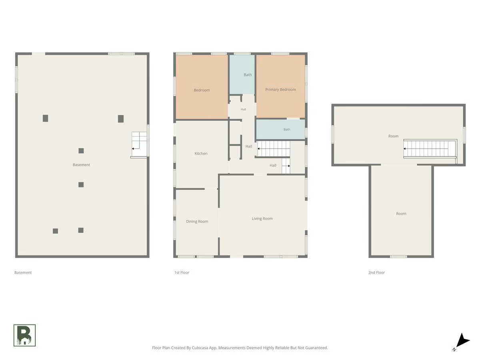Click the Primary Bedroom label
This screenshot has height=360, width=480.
tap(280, 90)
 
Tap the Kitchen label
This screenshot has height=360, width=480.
tap(201, 154)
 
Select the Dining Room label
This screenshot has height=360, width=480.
tap(197, 222)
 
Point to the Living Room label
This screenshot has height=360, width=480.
tap(262, 218)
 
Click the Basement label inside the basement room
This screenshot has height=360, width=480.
tap(81, 165)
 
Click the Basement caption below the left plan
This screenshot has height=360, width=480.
tap(23, 272)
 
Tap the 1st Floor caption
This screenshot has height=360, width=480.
tap(182, 272)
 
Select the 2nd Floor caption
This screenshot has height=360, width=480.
tap(376, 272)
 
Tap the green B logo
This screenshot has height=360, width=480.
tap(24, 335)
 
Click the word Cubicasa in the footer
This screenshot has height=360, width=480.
tap(200, 348)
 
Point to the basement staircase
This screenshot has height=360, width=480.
tap(139, 144)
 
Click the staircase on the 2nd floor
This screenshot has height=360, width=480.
tap(430, 149)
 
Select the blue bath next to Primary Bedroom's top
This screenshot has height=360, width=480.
tap(242, 74)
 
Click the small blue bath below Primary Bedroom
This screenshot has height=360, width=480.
tap(280, 129)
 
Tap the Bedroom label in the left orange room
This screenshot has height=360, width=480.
tap(202, 90)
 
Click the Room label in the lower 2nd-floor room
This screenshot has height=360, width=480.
tap(401, 214)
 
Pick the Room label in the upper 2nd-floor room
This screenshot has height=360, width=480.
tap(393, 136)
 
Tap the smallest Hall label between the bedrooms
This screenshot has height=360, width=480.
tap(243, 109)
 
